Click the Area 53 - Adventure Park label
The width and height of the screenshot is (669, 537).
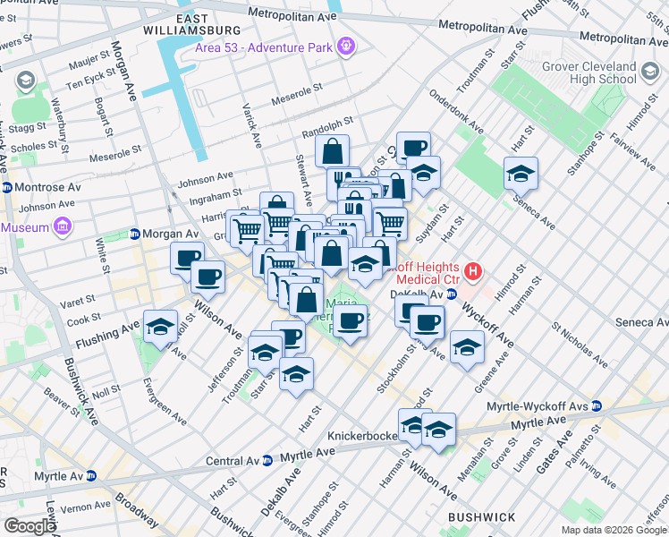pos(264,47)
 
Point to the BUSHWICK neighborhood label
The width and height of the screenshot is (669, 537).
pos(482,517)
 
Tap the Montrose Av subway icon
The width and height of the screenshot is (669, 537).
pos(7,188)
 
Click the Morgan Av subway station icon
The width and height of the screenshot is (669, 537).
pos(136,234)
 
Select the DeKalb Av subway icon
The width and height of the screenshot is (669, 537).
pos(452,294)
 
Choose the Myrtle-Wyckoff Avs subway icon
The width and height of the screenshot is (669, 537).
pos(597,406)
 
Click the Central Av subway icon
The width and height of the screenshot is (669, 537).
pos(267,461)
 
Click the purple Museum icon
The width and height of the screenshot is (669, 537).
pos(62,227)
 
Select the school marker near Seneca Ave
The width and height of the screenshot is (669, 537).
pos(521,173)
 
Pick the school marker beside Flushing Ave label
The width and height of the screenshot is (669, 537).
pos(160,326)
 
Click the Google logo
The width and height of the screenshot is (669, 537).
pos(29,526)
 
